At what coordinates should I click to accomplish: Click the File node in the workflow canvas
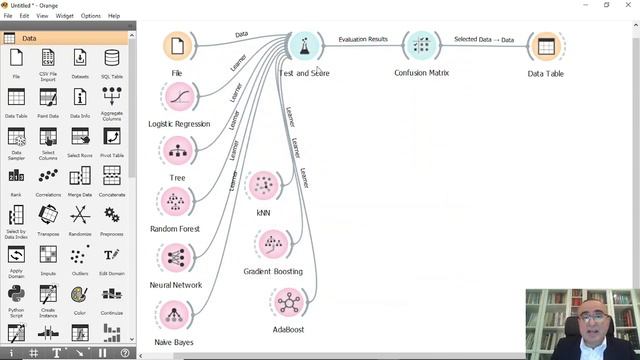click(177, 46)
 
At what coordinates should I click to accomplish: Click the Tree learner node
click(177, 150)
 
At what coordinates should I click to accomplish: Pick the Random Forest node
click(176, 202)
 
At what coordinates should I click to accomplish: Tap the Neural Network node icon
click(176, 257)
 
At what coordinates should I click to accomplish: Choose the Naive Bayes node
click(175, 315)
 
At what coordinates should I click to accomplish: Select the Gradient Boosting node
click(273, 244)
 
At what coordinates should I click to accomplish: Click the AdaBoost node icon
click(287, 301)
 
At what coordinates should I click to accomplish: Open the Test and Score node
click(305, 46)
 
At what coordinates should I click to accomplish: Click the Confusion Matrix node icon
click(421, 46)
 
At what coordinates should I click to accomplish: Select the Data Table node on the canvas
click(545, 46)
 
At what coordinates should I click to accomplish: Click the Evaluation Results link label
click(363, 39)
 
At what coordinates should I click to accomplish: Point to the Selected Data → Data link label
click(484, 39)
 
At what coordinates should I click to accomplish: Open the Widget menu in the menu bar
click(64, 16)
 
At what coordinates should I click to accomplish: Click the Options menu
click(91, 16)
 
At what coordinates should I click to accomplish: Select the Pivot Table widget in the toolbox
click(111, 141)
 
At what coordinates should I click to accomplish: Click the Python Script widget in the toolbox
click(16, 298)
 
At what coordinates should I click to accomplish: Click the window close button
click(629, 5)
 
